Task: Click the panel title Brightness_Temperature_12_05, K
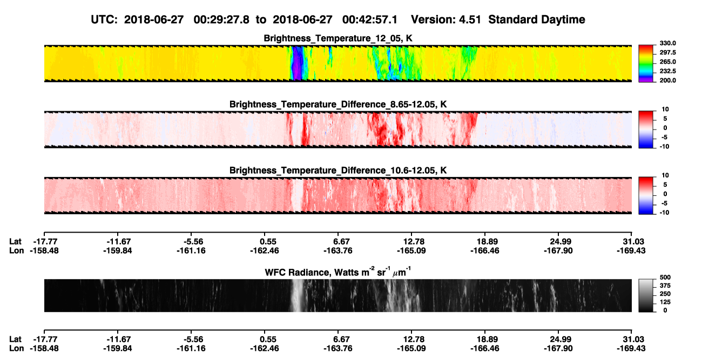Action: (x=338, y=38)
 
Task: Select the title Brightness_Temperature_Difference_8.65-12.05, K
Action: (x=338, y=104)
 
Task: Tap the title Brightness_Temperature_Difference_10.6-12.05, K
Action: (x=338, y=171)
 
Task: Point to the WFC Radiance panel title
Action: (x=338, y=271)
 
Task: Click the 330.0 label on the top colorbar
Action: (x=667, y=43)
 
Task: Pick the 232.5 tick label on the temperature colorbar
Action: (x=667, y=71)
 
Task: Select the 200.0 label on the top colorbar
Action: (x=667, y=80)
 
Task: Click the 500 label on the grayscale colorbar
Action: (x=665, y=277)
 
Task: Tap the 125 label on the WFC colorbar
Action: (x=665, y=302)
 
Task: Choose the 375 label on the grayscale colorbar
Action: (x=665, y=286)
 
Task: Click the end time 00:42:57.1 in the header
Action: (x=370, y=19)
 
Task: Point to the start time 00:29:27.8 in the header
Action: (x=221, y=19)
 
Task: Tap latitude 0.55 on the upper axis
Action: (x=268, y=242)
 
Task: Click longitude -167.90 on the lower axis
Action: (x=558, y=349)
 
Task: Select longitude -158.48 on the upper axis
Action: (x=44, y=250)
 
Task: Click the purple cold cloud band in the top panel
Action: (x=296, y=63)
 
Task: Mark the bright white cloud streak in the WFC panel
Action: (x=297, y=295)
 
